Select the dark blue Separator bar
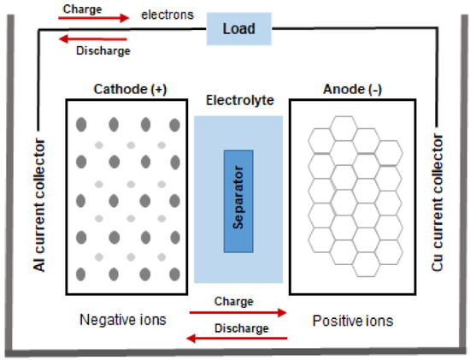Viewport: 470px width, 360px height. click(238, 201)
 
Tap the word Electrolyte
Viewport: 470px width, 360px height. click(238, 100)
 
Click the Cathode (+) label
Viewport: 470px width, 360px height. click(126, 88)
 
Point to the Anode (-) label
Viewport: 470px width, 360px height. click(350, 88)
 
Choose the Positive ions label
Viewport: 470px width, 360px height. click(353, 319)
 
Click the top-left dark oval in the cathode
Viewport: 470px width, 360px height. click(82, 122)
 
